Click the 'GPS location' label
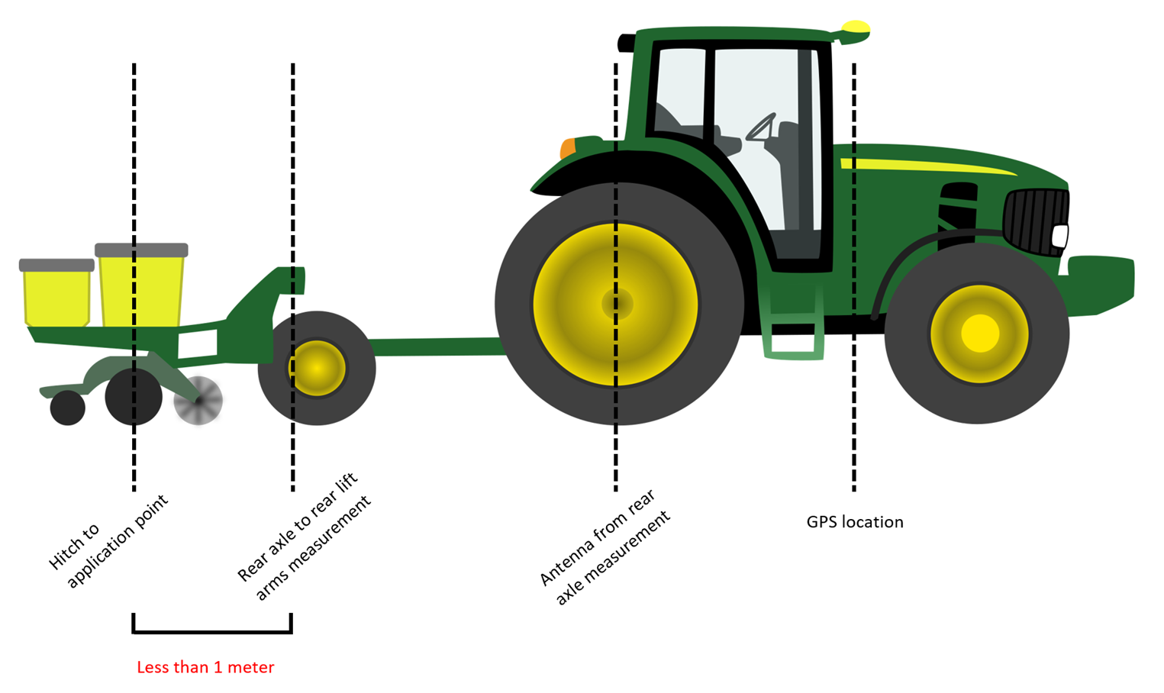coord(854,522)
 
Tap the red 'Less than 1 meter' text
coord(205,667)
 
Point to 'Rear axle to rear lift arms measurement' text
coord(304,537)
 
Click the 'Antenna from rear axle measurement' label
coord(605,547)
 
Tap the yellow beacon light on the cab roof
coord(856,29)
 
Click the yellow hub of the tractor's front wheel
coord(979,334)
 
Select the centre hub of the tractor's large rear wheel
coord(617,304)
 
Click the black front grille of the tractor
coord(1034,221)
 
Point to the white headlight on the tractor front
coord(1060,236)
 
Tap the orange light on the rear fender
coord(567,148)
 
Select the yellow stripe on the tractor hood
coord(924,166)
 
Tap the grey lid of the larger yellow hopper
coord(141,250)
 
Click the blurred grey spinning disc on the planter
coord(198,400)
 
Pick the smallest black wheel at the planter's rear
coord(67,408)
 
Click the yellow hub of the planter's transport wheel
coord(317,368)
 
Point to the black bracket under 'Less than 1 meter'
coord(212,630)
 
